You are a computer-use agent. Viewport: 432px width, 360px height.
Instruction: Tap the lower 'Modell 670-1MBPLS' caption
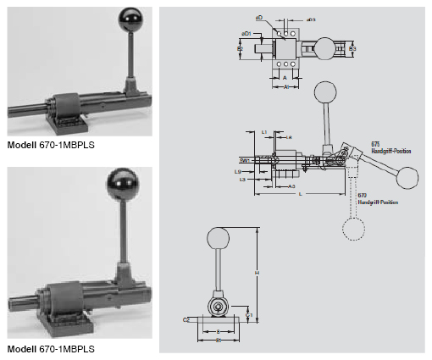51,349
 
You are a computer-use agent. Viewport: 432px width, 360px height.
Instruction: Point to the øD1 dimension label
246,33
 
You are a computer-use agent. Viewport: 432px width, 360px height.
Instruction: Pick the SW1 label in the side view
244,158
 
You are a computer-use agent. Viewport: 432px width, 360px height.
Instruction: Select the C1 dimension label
249,314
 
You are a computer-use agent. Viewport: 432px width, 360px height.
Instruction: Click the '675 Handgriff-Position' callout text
390,148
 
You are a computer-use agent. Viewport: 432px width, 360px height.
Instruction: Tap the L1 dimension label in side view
264,132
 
